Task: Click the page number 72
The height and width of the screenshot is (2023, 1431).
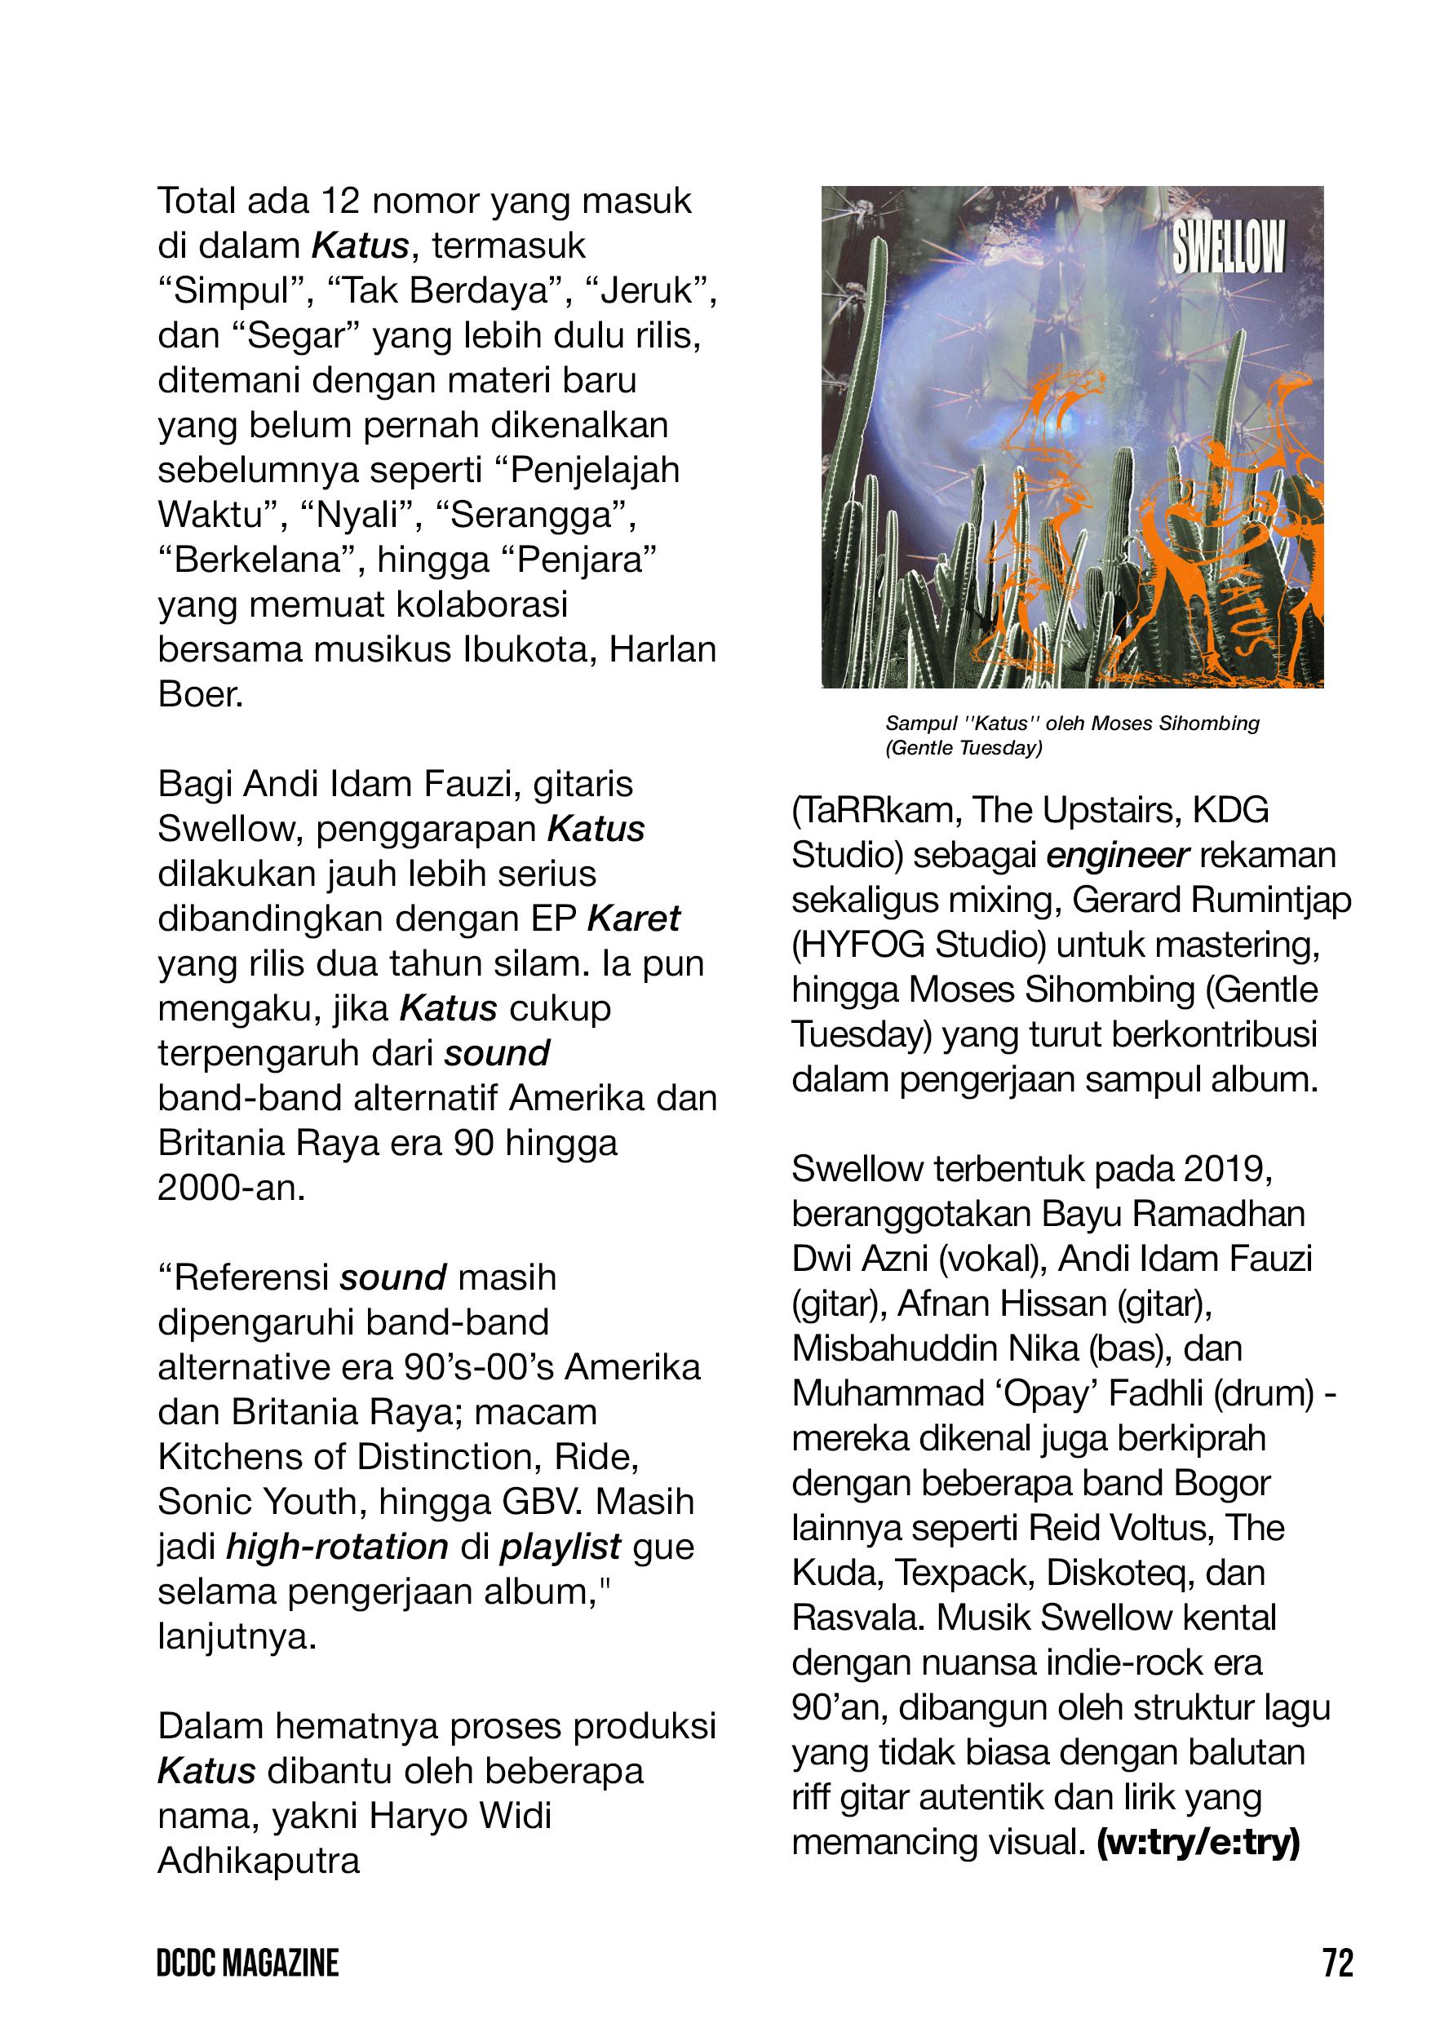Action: click(1336, 1964)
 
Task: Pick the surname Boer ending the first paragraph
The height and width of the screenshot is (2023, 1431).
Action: click(199, 695)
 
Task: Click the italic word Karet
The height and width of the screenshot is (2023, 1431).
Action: click(634, 919)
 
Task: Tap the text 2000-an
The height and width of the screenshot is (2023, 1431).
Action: click(231, 1189)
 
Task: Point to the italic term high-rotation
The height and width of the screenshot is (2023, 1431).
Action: click(338, 1547)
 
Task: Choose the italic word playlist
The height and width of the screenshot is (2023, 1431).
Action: click(560, 1547)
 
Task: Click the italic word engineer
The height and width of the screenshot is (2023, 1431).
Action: click(1119, 856)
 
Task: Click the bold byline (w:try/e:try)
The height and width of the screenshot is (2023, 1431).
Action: click(1198, 1844)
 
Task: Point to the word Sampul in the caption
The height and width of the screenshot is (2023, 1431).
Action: click(921, 724)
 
